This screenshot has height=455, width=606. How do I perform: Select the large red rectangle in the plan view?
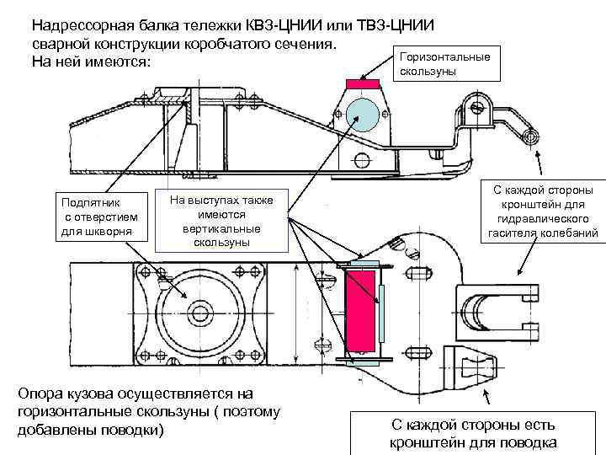point(362,310)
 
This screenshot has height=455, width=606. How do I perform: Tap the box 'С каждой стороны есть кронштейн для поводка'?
point(471,435)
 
